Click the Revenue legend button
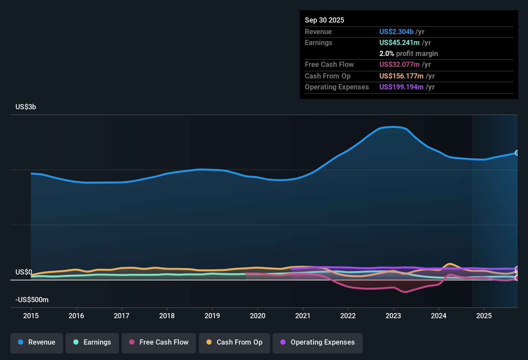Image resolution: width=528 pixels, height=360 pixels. click(x=37, y=342)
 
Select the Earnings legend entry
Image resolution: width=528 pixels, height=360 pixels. click(x=92, y=342)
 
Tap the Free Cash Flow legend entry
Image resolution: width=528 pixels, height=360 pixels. click(x=159, y=342)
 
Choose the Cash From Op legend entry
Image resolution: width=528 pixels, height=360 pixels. click(x=234, y=342)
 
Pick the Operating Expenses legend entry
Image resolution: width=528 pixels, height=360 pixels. click(x=318, y=342)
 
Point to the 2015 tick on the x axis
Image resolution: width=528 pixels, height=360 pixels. click(x=31, y=316)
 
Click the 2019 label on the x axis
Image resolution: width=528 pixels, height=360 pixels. click(x=212, y=316)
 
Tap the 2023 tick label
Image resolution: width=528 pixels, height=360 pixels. click(x=393, y=316)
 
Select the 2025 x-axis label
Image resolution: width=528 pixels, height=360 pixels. click(x=484, y=316)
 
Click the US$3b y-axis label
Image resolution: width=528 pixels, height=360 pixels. click(x=26, y=107)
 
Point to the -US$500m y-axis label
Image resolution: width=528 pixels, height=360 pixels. click(x=32, y=300)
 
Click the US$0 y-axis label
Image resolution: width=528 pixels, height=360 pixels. click(x=24, y=272)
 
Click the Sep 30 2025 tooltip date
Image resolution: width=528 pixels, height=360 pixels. click(x=324, y=20)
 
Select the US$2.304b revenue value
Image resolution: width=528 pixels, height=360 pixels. click(x=396, y=32)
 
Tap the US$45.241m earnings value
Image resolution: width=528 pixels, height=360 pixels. click(x=399, y=42)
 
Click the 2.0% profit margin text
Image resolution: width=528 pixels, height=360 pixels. click(x=408, y=53)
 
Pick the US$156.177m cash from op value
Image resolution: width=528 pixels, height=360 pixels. click(x=401, y=76)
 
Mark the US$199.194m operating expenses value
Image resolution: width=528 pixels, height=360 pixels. click(x=401, y=87)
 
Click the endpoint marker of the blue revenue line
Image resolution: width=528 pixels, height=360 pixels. click(x=517, y=153)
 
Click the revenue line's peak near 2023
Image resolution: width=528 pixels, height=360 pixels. click(x=394, y=127)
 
